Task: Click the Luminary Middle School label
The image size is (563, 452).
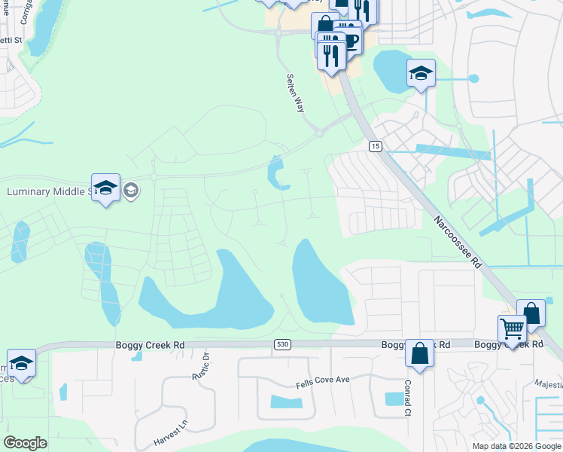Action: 48,191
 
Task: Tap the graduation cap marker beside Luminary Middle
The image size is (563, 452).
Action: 106,188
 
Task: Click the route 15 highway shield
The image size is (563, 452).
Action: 375,145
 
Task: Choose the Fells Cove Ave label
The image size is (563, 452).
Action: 323,380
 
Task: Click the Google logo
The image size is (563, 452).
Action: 25,443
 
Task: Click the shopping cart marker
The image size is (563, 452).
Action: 512,328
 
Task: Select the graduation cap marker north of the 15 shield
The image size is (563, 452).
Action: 421,73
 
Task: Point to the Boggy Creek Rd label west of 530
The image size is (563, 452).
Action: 150,345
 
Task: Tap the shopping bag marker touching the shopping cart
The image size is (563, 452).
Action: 531,313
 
